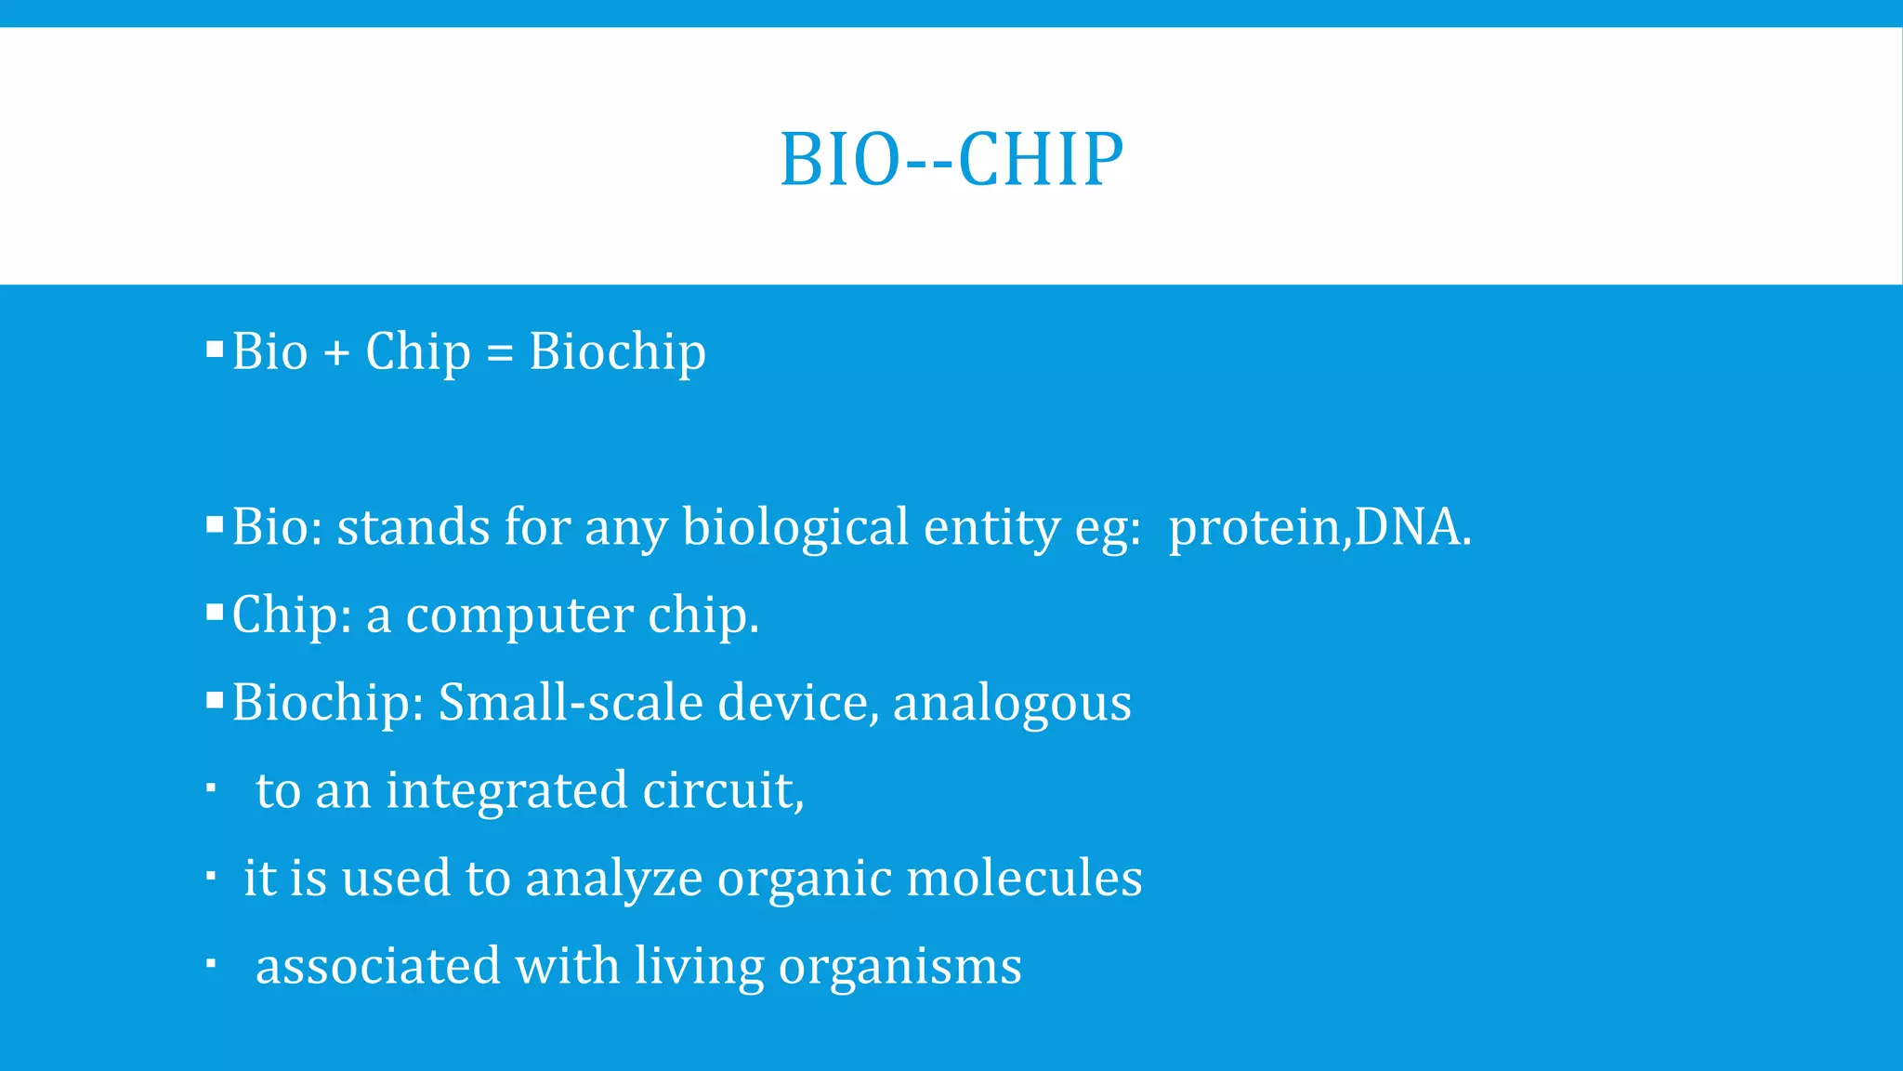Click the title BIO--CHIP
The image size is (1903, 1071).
(x=951, y=159)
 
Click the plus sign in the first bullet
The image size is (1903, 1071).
(x=336, y=353)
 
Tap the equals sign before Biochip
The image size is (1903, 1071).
(x=500, y=353)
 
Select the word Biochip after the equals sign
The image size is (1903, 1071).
(x=617, y=352)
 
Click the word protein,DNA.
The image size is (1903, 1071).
(x=1319, y=527)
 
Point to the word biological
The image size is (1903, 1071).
(x=795, y=527)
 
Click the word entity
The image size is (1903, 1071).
(x=991, y=527)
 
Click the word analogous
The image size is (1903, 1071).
(x=1012, y=704)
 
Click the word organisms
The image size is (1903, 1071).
(x=899, y=966)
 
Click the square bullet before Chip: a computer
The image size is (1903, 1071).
(x=215, y=613)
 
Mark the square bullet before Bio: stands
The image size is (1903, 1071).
(x=215, y=525)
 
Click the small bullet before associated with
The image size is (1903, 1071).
(x=211, y=964)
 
